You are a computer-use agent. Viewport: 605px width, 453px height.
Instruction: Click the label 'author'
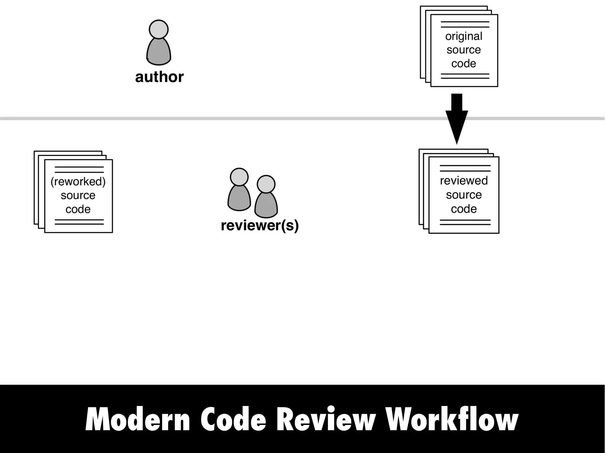159,77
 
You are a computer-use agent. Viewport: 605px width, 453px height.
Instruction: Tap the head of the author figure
159,30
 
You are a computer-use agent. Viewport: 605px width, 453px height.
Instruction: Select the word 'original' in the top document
463,37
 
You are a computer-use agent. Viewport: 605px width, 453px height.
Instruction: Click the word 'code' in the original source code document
463,63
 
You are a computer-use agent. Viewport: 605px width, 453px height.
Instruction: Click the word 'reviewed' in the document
463,181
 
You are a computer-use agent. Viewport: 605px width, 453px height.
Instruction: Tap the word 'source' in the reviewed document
463,195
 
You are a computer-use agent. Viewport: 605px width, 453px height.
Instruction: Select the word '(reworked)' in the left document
78,181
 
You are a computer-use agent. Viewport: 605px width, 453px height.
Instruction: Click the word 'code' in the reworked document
78,209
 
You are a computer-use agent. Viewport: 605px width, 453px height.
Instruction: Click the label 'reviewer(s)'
260,225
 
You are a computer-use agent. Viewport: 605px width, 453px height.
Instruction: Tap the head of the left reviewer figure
239,177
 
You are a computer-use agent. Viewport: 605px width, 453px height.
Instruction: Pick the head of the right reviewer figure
266,184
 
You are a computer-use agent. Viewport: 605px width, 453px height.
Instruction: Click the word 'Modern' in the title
138,420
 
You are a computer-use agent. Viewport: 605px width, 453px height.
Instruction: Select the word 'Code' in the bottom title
233,420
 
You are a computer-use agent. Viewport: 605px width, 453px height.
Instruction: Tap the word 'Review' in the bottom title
326,420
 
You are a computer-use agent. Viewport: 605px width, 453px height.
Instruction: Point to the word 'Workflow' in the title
452,420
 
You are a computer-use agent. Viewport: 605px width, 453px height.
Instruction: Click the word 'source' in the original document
463,50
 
